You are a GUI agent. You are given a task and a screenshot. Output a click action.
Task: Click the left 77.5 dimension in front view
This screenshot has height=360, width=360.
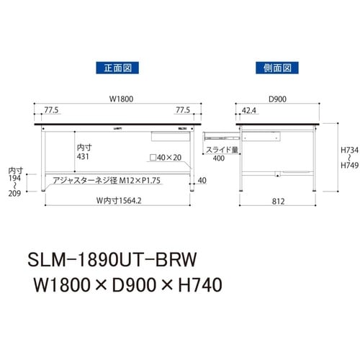pyautogui.click(x=50, y=112)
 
